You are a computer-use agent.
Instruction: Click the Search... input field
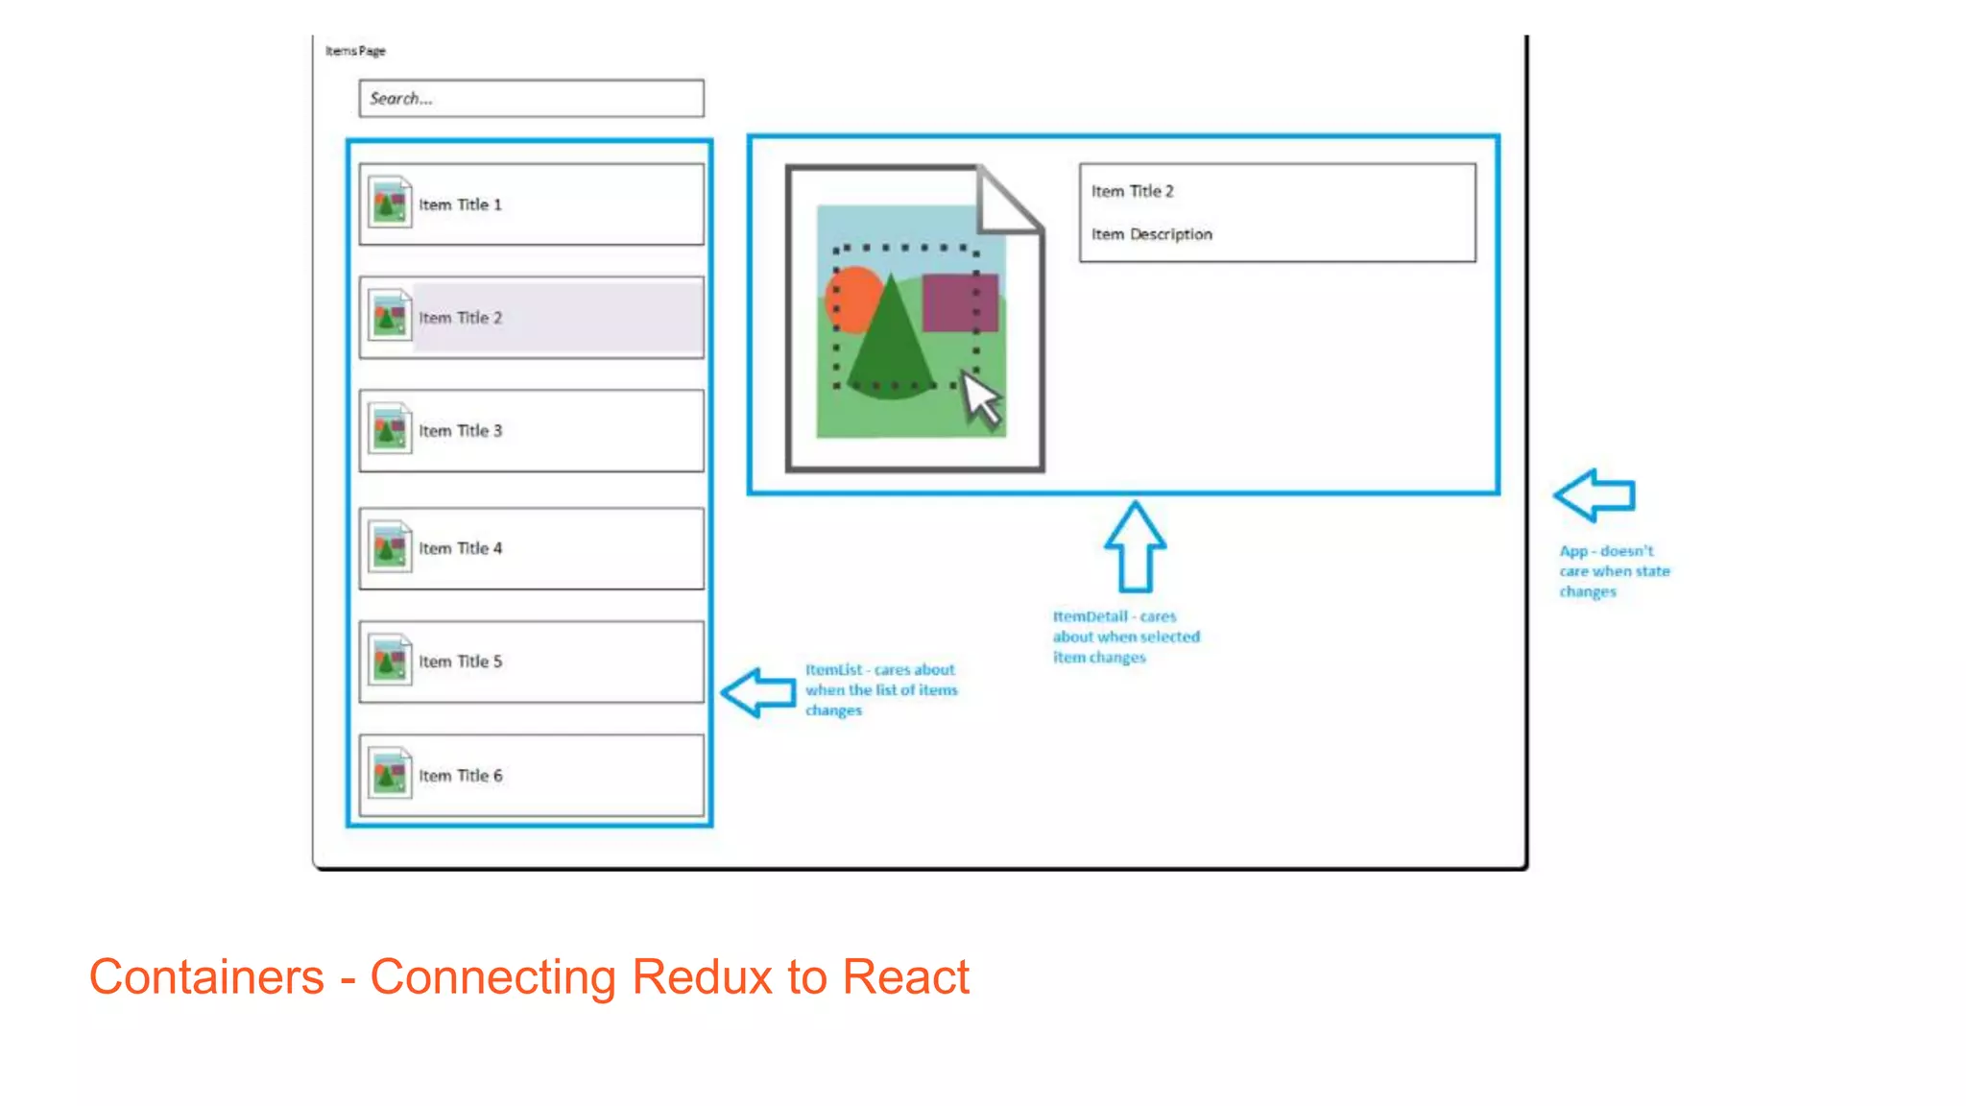pyautogui.click(x=531, y=98)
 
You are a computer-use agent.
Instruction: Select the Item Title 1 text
pyautogui.click(x=460, y=204)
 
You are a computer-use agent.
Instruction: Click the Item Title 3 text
pyautogui.click(x=460, y=431)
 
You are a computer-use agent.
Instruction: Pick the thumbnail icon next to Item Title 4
pyautogui.click(x=390, y=547)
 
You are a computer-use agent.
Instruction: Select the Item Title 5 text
pyautogui.click(x=460, y=661)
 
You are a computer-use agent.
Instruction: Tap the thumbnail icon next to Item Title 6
pyautogui.click(x=390, y=774)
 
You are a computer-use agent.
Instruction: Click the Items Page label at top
pyautogui.click(x=355, y=51)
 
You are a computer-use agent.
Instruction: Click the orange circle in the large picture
pyautogui.click(x=849, y=297)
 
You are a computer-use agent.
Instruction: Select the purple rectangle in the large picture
pyautogui.click(x=959, y=302)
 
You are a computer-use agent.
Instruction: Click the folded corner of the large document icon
pyautogui.click(x=1006, y=202)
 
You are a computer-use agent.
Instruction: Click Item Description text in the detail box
pyautogui.click(x=1151, y=234)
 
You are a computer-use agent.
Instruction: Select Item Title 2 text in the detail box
pyautogui.click(x=1132, y=191)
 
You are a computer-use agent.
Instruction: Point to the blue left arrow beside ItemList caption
pyautogui.click(x=757, y=692)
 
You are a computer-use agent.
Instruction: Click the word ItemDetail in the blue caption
pyautogui.click(x=1090, y=616)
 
